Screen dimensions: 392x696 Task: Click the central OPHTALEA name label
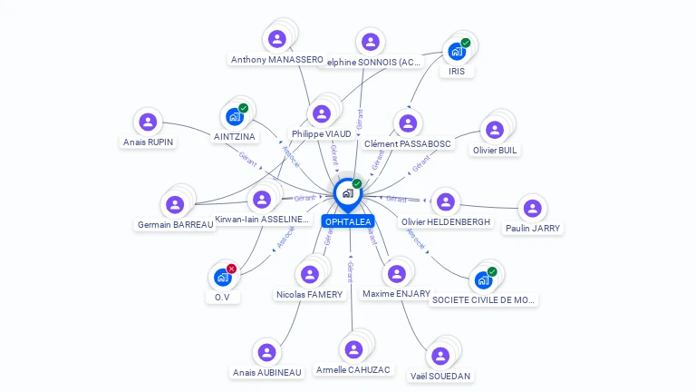[x=348, y=221]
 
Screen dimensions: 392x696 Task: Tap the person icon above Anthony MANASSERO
[x=277, y=39]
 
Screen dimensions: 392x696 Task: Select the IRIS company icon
[x=457, y=52]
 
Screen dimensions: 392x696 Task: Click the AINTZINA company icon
[x=235, y=117]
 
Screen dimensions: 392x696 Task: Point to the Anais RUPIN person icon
[x=148, y=122]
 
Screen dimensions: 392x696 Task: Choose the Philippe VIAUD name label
[x=322, y=134]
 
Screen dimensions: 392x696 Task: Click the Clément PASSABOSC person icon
[x=407, y=123]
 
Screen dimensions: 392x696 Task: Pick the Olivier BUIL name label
[x=496, y=150]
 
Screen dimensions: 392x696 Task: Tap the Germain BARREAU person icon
[x=175, y=204]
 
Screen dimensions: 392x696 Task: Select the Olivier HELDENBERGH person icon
[x=445, y=201]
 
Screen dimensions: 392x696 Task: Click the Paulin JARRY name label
[x=533, y=229]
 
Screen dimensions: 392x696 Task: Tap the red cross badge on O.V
[x=232, y=269]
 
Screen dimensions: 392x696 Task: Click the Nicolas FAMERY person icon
[x=310, y=274]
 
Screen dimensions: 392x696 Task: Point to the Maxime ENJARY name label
[x=396, y=294]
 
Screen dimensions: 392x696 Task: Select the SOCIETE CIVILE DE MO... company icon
[x=483, y=279]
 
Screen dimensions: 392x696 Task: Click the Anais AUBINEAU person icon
[x=266, y=352]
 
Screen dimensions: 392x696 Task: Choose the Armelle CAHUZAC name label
[x=353, y=370]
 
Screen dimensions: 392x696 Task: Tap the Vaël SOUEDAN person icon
[x=440, y=356]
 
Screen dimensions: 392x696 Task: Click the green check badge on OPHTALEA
[x=357, y=183]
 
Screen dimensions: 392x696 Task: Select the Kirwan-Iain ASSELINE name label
[x=264, y=220]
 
